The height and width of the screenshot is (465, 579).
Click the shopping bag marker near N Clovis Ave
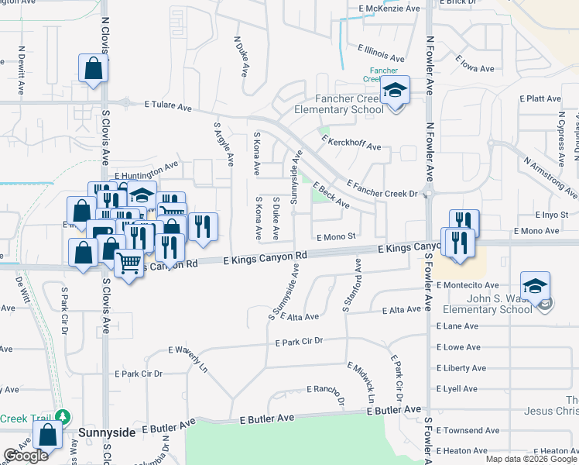[93, 68]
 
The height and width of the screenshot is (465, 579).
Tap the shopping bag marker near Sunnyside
[48, 435]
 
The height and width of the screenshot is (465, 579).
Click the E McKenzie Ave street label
[389, 9]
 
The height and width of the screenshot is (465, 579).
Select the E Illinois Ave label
[381, 53]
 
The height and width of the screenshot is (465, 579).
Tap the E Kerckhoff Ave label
[352, 142]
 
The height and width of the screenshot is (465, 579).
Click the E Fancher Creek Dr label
[382, 188]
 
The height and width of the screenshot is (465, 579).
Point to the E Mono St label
[335, 236]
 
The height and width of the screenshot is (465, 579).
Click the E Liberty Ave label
[461, 368]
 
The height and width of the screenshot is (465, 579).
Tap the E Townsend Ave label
[468, 430]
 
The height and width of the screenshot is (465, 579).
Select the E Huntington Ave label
[146, 170]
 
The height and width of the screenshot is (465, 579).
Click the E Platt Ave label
[540, 98]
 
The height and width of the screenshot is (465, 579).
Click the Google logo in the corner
[26, 456]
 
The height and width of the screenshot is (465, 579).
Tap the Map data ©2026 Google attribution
[530, 459]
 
